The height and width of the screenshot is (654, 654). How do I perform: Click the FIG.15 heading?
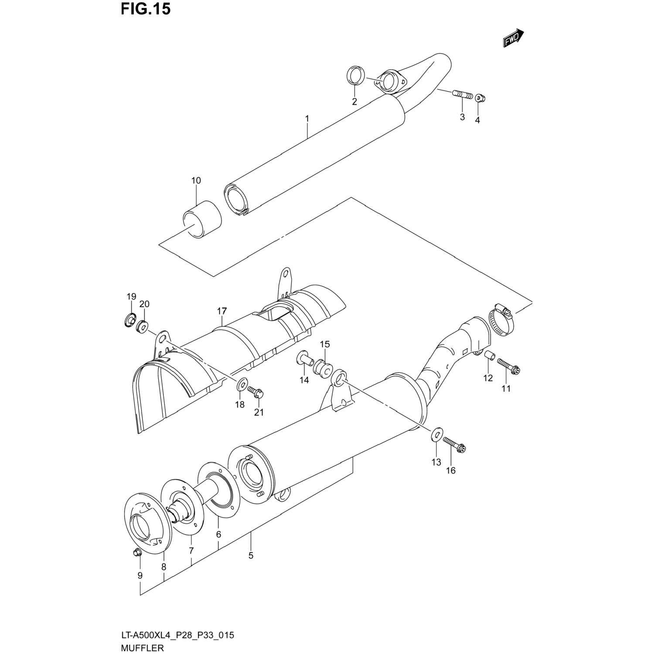(x=146, y=9)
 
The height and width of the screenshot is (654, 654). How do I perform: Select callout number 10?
(x=196, y=181)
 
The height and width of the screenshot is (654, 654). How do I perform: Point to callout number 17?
(x=222, y=311)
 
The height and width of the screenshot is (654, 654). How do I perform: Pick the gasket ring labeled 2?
(x=356, y=76)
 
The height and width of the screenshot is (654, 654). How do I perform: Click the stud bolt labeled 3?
(x=463, y=95)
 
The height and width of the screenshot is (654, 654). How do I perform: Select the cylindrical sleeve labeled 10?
(x=202, y=219)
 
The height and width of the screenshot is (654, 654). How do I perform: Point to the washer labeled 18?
(x=241, y=385)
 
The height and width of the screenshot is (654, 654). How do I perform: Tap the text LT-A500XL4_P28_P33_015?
(x=178, y=635)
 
